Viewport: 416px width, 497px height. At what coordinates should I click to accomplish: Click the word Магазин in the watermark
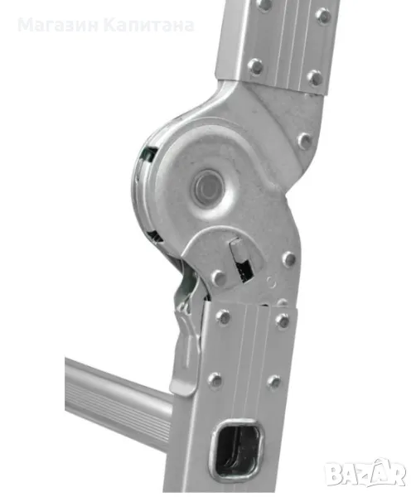[58, 26]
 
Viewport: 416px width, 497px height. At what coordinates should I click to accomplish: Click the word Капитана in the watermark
[149, 26]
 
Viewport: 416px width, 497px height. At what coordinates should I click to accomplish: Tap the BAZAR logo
[365, 473]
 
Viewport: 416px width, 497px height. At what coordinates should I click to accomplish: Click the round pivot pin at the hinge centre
[208, 186]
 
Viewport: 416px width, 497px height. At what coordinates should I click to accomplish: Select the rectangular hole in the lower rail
[238, 447]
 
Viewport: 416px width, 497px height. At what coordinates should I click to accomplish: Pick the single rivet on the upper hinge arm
[305, 140]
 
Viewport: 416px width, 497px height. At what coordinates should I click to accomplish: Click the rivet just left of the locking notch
[219, 277]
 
